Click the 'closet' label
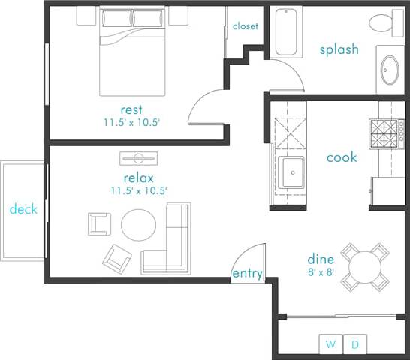[x=245, y=26]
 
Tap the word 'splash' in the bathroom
[x=339, y=50]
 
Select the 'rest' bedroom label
[x=131, y=110]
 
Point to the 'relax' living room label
[x=138, y=178]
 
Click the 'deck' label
[x=23, y=209]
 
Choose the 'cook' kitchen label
[x=342, y=157]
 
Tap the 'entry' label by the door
[x=248, y=274]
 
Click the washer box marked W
[x=330, y=344]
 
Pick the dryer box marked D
[x=355, y=344]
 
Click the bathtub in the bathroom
[x=286, y=33]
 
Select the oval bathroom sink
[x=390, y=70]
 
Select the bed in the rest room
[x=132, y=51]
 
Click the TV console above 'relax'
[x=139, y=158]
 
